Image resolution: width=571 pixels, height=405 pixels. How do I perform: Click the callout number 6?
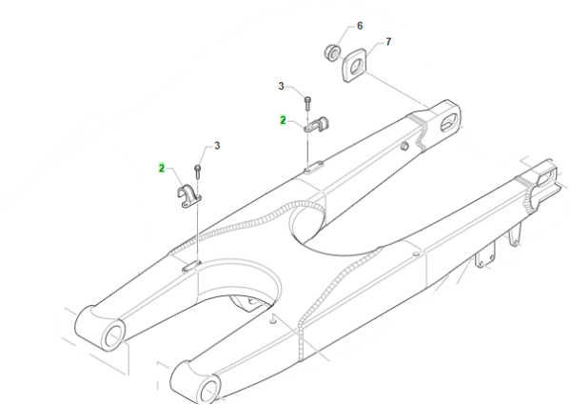[x=360, y=26]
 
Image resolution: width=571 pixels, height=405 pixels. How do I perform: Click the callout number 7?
[x=388, y=42]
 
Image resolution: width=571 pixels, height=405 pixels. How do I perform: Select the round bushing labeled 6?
[x=332, y=52]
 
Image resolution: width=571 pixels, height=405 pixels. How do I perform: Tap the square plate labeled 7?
[x=354, y=66]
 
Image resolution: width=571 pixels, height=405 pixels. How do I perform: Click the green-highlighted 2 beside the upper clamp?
[x=283, y=120]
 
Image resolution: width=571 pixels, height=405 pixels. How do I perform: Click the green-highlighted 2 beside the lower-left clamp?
[x=162, y=168]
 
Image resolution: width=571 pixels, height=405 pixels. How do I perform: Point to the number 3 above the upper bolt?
[x=281, y=87]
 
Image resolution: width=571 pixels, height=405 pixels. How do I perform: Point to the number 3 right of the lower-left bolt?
[x=217, y=146]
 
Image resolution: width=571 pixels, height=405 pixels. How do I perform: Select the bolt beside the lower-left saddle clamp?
[x=198, y=172]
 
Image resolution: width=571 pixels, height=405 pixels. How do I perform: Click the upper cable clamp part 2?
[x=316, y=125]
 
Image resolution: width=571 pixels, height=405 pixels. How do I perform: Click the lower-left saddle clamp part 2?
[x=188, y=196]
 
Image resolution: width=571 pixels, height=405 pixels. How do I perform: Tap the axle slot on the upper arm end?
[x=449, y=123]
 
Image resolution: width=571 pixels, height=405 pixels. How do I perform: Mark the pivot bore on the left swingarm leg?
[x=114, y=336]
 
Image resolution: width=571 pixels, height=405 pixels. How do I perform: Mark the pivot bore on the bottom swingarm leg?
[x=209, y=392]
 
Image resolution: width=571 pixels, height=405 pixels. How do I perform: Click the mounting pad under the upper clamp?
[x=313, y=167]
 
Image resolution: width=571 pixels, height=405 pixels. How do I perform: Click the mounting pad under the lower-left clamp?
[x=191, y=266]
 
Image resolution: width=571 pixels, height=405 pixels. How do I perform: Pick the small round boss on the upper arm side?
[x=404, y=147]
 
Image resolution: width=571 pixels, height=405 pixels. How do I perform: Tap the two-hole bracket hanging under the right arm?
[x=485, y=255]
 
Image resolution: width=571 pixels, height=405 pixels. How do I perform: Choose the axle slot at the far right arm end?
[x=546, y=175]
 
